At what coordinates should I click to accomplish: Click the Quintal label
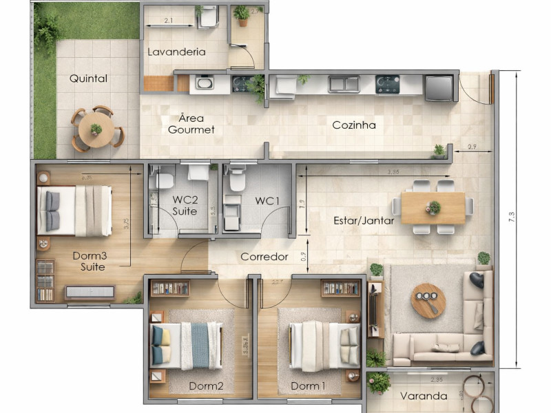point(88,78)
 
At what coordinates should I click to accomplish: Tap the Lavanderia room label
point(176,52)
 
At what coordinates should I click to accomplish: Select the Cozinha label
point(354,125)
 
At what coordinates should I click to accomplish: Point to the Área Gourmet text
point(191,123)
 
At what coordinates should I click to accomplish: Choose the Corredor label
point(264,257)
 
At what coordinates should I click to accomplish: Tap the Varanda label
point(424,396)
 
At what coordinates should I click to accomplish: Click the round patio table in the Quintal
point(96,129)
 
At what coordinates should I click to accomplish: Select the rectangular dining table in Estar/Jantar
point(433,207)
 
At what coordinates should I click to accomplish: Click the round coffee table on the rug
point(428,300)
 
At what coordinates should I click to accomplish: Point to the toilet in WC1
point(238,180)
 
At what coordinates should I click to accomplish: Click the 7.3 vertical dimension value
point(511,217)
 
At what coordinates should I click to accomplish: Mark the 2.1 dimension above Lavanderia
point(169,21)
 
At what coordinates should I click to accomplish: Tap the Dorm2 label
point(206,385)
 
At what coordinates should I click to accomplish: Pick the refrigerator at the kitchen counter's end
point(439,87)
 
